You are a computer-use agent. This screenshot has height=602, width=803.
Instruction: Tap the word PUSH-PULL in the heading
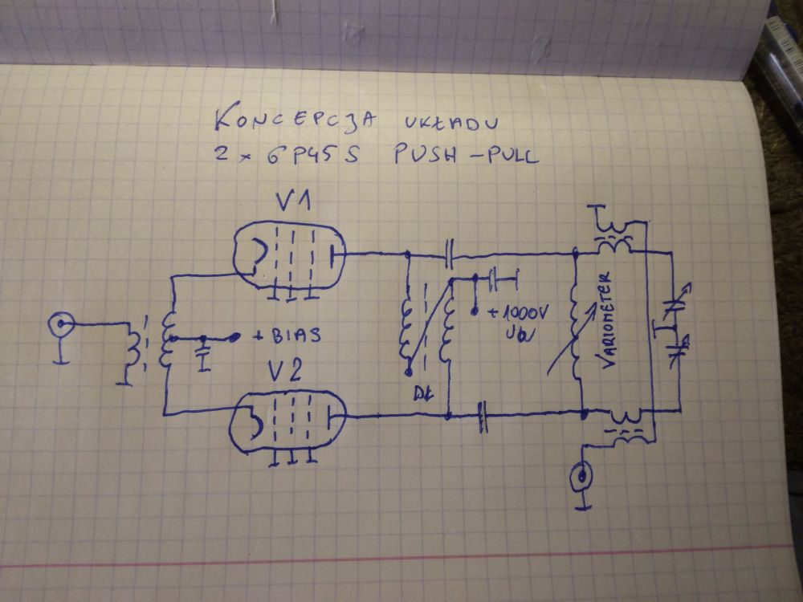click(465, 155)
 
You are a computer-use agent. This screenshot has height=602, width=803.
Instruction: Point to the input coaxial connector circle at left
click(59, 325)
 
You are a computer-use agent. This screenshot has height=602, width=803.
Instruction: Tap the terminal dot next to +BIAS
click(235, 337)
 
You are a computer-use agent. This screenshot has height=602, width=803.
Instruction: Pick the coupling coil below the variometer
click(624, 423)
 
